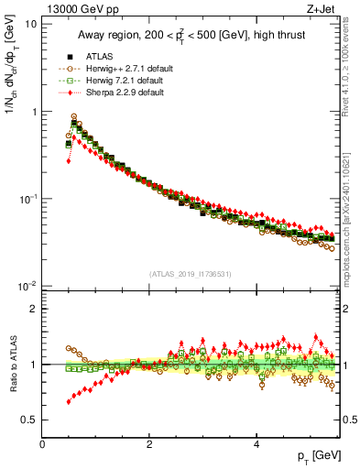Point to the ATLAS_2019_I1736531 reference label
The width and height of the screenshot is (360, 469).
(x=190, y=274)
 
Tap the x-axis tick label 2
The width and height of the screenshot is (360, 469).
(x=149, y=443)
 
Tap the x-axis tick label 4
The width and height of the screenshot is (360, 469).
(x=256, y=443)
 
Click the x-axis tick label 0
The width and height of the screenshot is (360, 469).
(x=43, y=443)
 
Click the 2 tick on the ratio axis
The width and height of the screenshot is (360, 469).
(x=34, y=309)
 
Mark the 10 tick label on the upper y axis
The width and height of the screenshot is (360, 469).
(x=30, y=24)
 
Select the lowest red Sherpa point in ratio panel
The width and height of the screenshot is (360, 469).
(x=69, y=401)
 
